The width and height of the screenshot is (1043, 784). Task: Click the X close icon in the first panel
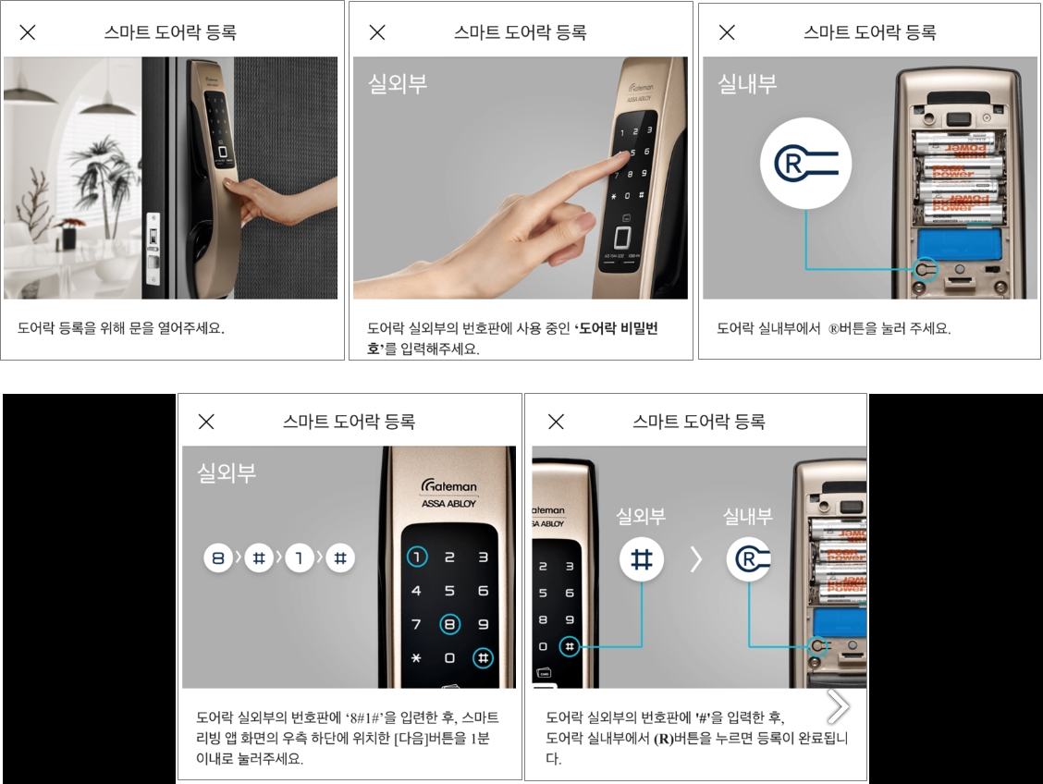27,32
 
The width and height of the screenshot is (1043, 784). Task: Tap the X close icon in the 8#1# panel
206,421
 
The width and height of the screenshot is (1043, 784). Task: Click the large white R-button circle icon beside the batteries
805,163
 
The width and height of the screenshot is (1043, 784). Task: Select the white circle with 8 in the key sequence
218,557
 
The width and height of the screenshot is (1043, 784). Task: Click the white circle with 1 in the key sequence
300,557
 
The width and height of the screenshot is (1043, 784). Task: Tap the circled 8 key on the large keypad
449,624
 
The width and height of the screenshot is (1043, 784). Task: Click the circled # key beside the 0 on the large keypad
483,658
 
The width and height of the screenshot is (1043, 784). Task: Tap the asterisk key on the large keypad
416,658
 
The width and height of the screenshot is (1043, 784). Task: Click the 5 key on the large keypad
449,591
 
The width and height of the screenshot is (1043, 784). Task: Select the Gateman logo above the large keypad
448,486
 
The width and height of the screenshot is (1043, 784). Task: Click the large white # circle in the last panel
641,559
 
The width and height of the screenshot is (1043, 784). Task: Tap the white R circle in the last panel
748,559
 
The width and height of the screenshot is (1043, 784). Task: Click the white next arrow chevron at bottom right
838,706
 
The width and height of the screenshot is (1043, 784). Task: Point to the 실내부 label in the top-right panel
747,84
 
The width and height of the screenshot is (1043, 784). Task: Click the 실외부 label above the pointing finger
397,84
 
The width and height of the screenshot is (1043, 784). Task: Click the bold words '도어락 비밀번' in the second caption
618,328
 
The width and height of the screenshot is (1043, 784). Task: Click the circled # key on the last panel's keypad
570,646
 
